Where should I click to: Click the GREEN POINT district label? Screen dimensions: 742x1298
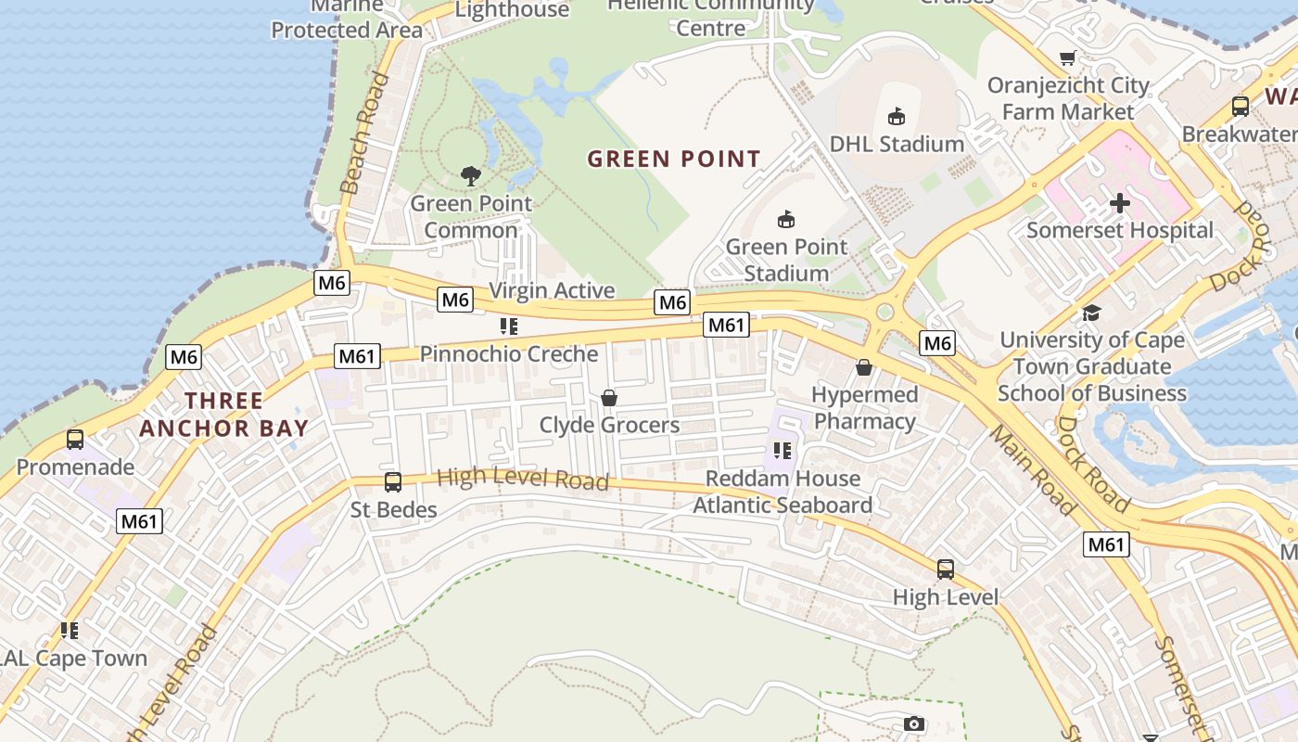pos(674,159)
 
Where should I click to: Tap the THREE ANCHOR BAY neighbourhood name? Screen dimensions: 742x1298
pos(223,415)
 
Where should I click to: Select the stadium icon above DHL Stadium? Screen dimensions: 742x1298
pos(897,117)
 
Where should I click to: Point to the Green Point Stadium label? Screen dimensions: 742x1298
pos(786,260)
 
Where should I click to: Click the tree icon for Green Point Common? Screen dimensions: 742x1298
pos(471,175)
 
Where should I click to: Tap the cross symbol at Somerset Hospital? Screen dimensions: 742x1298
pos(1120,203)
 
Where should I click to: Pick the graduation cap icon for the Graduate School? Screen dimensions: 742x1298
pos(1091,313)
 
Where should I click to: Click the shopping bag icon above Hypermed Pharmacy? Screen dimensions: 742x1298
pos(864,367)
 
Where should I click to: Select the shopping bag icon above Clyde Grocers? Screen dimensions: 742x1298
pos(609,398)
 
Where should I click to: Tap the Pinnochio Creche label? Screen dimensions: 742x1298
pos(509,354)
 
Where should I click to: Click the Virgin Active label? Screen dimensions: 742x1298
pos(552,290)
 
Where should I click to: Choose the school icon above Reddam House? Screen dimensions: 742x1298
pos(783,451)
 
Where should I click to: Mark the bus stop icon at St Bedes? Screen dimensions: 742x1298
pos(393,482)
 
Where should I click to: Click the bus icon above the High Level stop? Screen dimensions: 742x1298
pos(946,569)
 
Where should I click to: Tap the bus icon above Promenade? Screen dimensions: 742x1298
pos(75,440)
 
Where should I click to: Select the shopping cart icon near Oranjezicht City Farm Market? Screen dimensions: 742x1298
pos(1068,58)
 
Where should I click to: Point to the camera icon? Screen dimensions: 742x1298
pos(914,723)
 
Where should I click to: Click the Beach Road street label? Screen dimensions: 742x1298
pos(363,134)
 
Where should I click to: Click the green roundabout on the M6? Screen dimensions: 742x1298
pos(884,313)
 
